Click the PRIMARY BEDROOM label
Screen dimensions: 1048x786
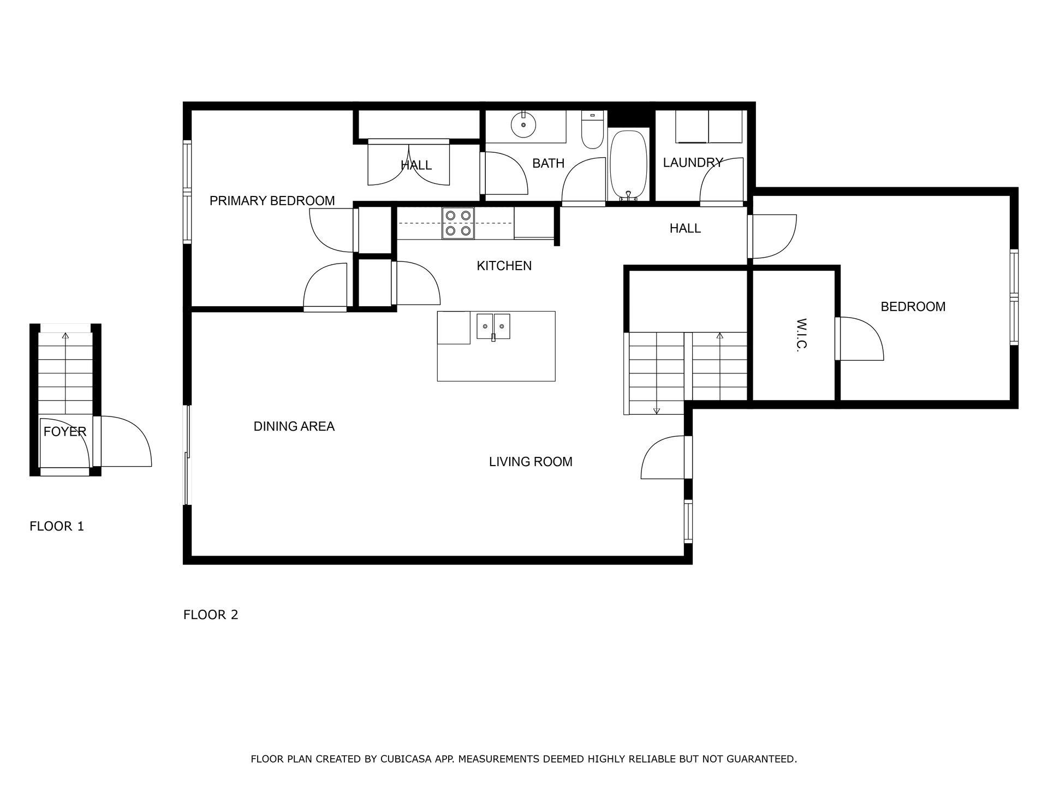click(272, 201)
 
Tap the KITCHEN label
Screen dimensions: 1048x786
click(504, 266)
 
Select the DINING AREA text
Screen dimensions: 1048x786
click(294, 426)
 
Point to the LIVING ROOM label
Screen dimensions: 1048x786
click(531, 462)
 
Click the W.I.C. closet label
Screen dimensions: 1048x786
click(801, 335)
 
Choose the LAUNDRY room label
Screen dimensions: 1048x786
click(693, 162)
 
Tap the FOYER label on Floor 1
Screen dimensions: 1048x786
click(65, 432)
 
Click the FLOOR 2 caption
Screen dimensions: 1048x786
click(211, 615)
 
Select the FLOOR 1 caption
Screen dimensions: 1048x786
click(57, 526)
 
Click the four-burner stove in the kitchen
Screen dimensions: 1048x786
click(458, 223)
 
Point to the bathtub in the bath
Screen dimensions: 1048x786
click(628, 165)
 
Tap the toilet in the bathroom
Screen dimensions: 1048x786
click(592, 129)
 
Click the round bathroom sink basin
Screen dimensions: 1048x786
click(523, 126)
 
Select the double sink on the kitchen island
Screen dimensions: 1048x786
click(493, 326)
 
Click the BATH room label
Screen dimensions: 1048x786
click(548, 163)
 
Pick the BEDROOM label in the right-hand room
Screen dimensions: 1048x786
click(913, 307)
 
